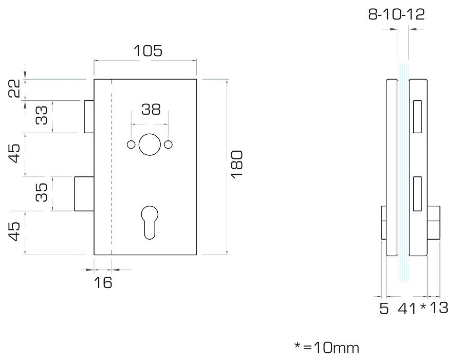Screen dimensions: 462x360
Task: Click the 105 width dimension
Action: pyautogui.click(x=148, y=51)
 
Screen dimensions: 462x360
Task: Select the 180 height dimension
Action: pyautogui.click(x=237, y=164)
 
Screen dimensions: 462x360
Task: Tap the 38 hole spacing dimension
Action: pyautogui.click(x=151, y=109)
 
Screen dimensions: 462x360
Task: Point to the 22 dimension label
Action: pyautogui.click(x=14, y=88)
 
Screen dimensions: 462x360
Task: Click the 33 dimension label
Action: pyautogui.click(x=42, y=115)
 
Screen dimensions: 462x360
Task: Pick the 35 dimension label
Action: pyautogui.click(x=42, y=192)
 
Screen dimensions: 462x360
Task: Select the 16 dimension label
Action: pyautogui.click(x=103, y=283)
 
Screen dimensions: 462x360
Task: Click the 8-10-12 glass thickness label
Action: pyautogui.click(x=397, y=14)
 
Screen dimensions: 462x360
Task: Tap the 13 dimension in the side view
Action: pyautogui.click(x=439, y=308)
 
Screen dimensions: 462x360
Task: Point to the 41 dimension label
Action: pyautogui.click(x=407, y=308)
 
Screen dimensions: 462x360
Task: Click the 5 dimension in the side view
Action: pyautogui.click(x=384, y=308)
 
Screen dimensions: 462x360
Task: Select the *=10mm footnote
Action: pyautogui.click(x=327, y=348)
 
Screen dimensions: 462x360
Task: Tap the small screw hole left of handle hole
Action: pyautogui.click(x=131, y=145)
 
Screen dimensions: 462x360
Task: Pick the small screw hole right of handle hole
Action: pyautogui.click(x=169, y=145)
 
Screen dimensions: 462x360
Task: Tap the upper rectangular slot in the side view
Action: pyautogui.click(x=417, y=116)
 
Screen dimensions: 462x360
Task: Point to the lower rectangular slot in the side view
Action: pyautogui.click(x=417, y=194)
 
